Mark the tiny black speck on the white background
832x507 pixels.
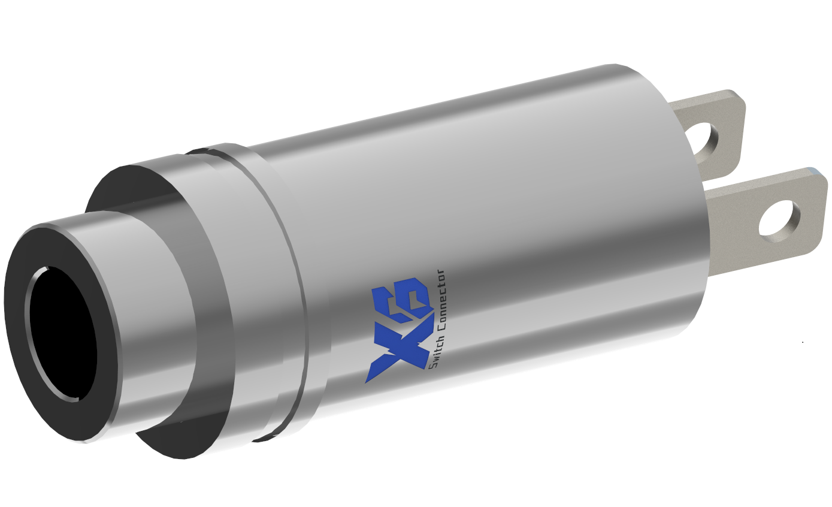tap(803, 342)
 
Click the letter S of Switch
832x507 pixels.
tap(433, 366)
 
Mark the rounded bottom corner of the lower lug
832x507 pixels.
tap(812, 249)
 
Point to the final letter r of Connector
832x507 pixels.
tap(442, 274)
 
